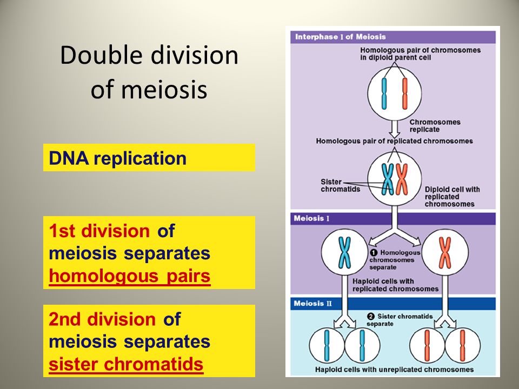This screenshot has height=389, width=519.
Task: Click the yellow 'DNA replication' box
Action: coord(149,157)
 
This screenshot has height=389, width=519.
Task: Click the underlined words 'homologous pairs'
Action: coord(129,276)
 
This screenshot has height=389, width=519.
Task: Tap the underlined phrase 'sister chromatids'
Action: coord(126,365)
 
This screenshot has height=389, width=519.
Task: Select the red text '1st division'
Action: coord(99,231)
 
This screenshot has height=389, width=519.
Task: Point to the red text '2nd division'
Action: coord(102,319)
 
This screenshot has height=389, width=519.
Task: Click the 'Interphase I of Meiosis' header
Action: coord(340,37)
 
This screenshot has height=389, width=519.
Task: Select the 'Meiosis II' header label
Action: coord(313,303)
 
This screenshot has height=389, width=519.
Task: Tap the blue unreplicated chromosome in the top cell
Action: coord(384,93)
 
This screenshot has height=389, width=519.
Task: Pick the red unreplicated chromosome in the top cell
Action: coord(404,93)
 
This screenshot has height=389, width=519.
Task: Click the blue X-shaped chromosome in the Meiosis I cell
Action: coord(344,252)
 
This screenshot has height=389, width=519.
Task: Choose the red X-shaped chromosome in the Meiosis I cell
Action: coord(445,252)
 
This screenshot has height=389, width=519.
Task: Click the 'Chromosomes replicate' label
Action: coord(435,126)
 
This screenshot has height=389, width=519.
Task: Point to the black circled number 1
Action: coord(374,252)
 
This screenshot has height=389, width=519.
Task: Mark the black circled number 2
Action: coord(371,316)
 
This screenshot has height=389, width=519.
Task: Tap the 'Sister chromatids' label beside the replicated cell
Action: coord(340,185)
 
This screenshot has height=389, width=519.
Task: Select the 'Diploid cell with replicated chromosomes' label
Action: coord(452,197)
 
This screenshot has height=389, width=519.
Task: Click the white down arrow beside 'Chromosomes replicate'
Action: coord(394,129)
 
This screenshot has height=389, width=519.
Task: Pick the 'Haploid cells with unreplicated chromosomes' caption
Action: coord(394,370)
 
